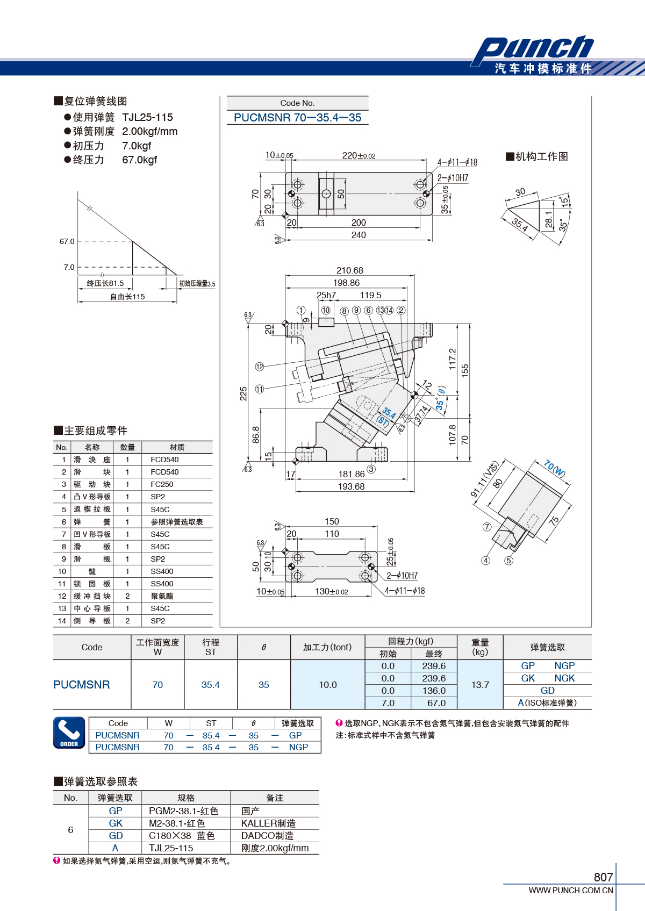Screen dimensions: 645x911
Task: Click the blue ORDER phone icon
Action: (x=69, y=733)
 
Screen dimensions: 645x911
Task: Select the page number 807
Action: (x=603, y=877)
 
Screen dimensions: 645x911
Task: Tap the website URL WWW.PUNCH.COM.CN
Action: (x=571, y=890)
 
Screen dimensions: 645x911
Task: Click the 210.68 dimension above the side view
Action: (x=349, y=270)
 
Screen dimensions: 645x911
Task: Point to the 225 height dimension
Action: (x=243, y=393)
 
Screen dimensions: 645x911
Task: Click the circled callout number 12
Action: (x=260, y=367)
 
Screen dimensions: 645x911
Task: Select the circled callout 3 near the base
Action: (x=371, y=469)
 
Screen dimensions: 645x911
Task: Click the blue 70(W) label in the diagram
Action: (x=555, y=468)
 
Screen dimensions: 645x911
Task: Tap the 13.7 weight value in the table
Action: (x=480, y=685)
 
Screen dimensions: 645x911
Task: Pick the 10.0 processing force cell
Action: (x=327, y=685)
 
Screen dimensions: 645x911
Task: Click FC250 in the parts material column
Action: (x=162, y=484)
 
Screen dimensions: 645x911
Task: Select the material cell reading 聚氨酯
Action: (x=162, y=596)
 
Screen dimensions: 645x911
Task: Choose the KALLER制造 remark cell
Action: (x=268, y=823)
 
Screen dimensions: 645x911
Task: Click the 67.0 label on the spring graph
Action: (x=67, y=241)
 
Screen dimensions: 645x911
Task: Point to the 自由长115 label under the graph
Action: (x=127, y=297)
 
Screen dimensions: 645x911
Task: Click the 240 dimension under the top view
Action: (x=359, y=235)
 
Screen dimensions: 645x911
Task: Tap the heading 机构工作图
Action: (x=537, y=156)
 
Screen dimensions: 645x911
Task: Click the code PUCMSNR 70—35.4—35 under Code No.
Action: (x=297, y=118)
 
